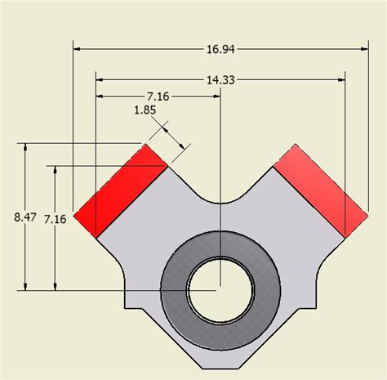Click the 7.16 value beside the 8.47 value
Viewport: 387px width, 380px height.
(55, 218)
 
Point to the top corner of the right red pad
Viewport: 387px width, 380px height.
(295, 145)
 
